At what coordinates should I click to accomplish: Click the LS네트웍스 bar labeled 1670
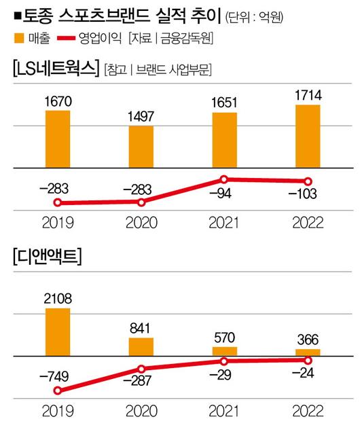(x=58, y=138)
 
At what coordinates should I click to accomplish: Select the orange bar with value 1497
(x=141, y=145)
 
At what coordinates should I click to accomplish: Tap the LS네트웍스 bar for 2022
(x=308, y=136)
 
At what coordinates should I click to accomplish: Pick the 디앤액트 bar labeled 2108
(x=58, y=331)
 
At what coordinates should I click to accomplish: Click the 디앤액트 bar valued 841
(x=141, y=346)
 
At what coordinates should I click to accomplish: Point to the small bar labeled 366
(x=308, y=352)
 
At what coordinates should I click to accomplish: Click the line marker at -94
(x=225, y=179)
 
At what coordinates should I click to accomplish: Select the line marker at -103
(x=308, y=181)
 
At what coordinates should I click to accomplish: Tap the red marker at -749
(x=58, y=391)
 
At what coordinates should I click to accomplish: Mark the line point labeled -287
(x=141, y=369)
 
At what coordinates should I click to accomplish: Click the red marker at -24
(x=308, y=360)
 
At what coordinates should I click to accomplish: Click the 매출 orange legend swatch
(x=15, y=38)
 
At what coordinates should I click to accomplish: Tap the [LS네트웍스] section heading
(x=53, y=68)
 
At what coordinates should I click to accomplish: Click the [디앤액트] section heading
(x=45, y=257)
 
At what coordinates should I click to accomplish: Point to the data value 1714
(x=308, y=93)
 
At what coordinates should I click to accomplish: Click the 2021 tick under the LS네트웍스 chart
(x=225, y=222)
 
